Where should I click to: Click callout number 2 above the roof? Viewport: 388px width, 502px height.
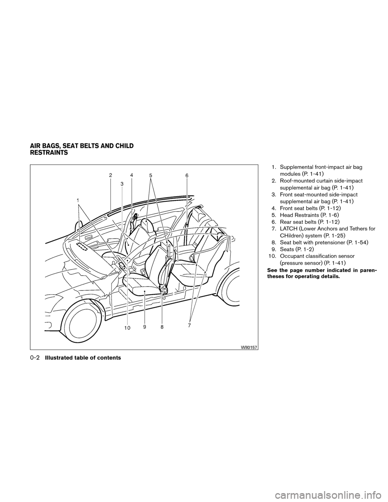pyautogui.click(x=111, y=175)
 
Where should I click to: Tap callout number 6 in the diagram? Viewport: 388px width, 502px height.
pyautogui.click(x=187, y=176)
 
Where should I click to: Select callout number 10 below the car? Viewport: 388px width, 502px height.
pyautogui.click(x=127, y=328)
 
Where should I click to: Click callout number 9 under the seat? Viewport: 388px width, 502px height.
pyautogui.click(x=144, y=327)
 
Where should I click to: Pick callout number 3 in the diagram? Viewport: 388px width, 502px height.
pyautogui.click(x=122, y=184)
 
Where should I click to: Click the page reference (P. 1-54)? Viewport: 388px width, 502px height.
pyautogui.click(x=358, y=243)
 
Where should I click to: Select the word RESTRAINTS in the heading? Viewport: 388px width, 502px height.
pyautogui.click(x=49, y=153)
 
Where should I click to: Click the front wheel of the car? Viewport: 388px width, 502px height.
pyautogui.click(x=82, y=321)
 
